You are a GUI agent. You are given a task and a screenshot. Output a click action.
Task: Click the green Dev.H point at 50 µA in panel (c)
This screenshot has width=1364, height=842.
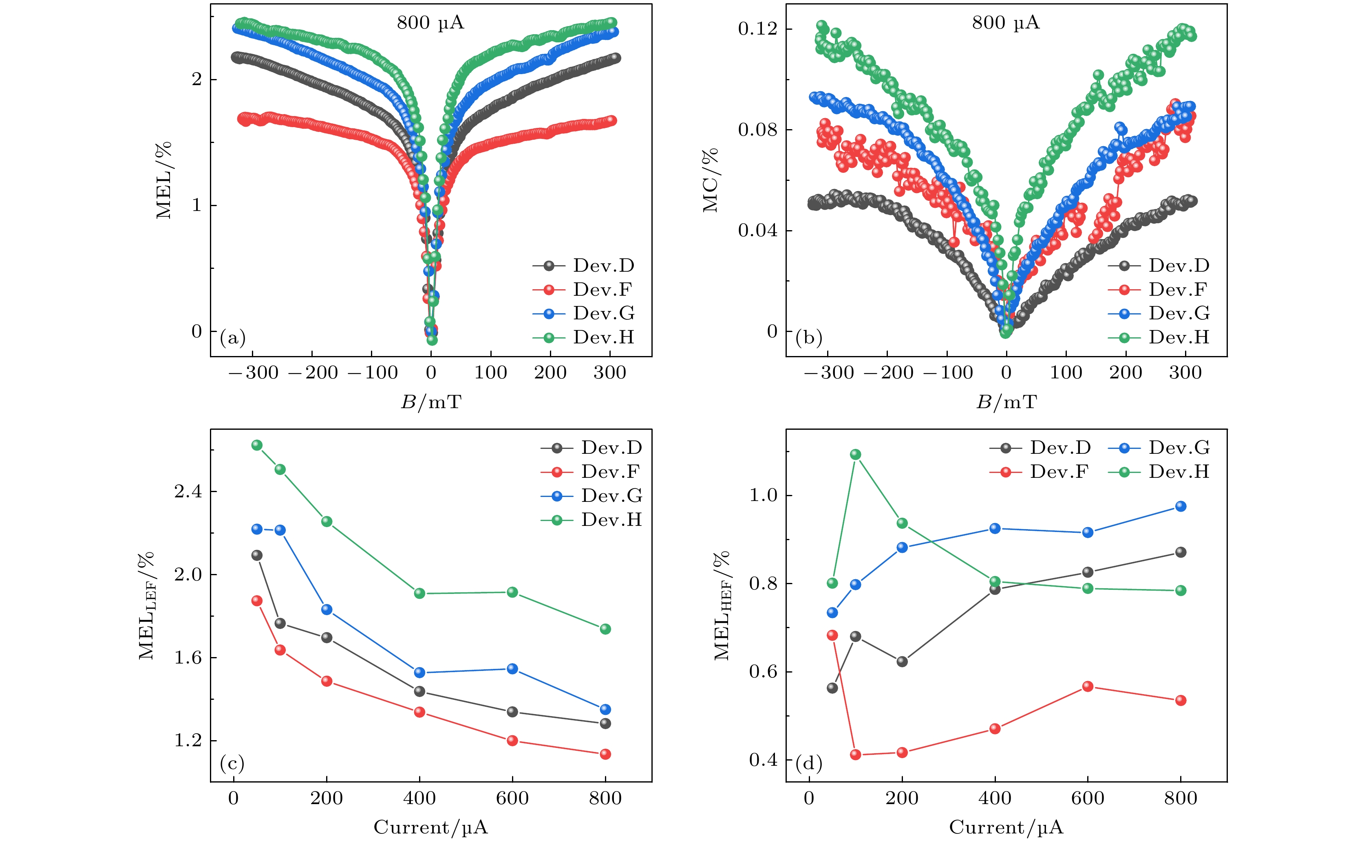(x=257, y=445)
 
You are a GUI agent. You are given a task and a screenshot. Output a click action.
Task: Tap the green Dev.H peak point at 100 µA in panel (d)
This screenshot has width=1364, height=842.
(x=855, y=455)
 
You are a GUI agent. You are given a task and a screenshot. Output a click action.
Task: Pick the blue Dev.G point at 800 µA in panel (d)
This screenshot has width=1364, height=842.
(x=1180, y=506)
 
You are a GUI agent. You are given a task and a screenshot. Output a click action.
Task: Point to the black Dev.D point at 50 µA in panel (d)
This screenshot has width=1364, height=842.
(x=832, y=688)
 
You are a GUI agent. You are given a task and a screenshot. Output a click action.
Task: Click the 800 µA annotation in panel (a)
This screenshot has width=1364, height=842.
(x=430, y=23)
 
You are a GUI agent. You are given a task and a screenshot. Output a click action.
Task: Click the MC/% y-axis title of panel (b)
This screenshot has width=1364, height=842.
(x=711, y=180)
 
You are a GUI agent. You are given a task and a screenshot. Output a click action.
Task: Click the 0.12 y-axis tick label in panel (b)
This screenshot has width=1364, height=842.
(x=758, y=29)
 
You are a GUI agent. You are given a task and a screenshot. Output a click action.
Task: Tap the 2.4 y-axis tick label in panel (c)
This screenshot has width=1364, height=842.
(x=188, y=491)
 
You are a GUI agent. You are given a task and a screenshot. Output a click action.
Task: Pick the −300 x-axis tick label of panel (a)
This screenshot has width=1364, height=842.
(x=254, y=373)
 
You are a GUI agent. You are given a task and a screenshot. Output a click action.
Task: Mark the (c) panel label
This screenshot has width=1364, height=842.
(x=232, y=763)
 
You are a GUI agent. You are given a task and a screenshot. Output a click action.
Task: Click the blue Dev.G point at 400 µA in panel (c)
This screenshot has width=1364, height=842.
(x=419, y=673)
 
